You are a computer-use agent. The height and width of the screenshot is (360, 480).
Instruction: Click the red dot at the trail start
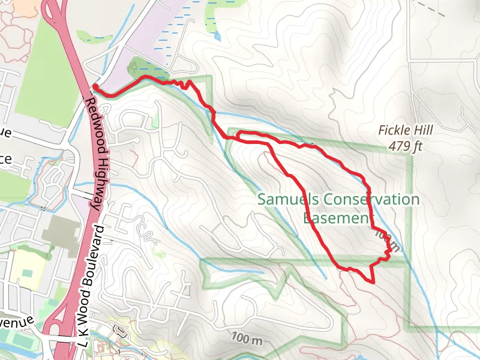click(x=95, y=87)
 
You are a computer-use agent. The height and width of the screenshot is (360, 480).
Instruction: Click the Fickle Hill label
click(x=406, y=130)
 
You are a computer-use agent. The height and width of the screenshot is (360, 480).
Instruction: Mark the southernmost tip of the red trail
click(x=373, y=281)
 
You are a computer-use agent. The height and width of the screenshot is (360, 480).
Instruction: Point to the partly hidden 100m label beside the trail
click(x=384, y=241)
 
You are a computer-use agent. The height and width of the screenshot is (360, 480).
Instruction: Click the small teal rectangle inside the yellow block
click(x=26, y=273)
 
